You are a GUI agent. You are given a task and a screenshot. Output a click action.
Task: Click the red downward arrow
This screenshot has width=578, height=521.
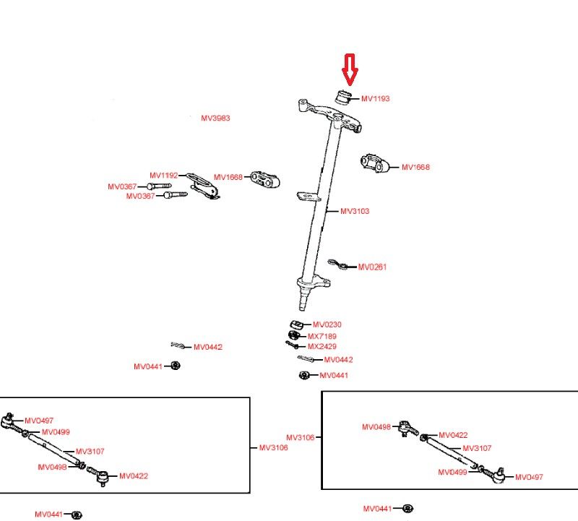click(x=350, y=69)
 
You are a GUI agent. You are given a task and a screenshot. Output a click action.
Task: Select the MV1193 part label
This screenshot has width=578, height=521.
click(x=375, y=98)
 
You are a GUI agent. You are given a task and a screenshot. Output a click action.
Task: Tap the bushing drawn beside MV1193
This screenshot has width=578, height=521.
click(x=345, y=96)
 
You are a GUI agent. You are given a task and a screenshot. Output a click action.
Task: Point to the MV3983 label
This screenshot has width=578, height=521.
click(x=215, y=118)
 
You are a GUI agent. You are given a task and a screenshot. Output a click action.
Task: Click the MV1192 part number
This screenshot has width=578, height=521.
click(x=163, y=176)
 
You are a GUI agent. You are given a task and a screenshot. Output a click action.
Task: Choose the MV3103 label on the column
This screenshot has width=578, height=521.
click(x=355, y=211)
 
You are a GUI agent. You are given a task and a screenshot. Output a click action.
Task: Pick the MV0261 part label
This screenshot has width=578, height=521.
click(x=373, y=267)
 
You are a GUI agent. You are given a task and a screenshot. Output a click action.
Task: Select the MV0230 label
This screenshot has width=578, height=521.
click(x=327, y=325)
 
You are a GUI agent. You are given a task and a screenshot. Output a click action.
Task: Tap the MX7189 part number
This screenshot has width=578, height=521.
click(x=322, y=337)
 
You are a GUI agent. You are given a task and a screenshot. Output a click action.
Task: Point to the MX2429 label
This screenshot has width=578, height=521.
click(x=322, y=347)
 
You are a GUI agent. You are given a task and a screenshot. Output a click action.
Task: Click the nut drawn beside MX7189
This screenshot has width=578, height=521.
click(x=293, y=336)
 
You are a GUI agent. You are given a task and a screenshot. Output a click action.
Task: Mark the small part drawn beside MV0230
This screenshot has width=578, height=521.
click(x=296, y=323)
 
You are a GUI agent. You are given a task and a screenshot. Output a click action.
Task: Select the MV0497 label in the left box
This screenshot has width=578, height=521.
click(x=39, y=421)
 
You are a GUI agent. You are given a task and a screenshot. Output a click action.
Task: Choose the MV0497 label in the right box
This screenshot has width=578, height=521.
click(x=529, y=477)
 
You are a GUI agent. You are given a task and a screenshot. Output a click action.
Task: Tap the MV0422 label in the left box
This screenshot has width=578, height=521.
click(x=134, y=475)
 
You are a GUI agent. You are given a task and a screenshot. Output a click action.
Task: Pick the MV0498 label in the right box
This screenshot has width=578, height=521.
click(x=376, y=427)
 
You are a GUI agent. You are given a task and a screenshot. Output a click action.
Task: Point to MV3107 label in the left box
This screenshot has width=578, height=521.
click(x=90, y=451)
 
